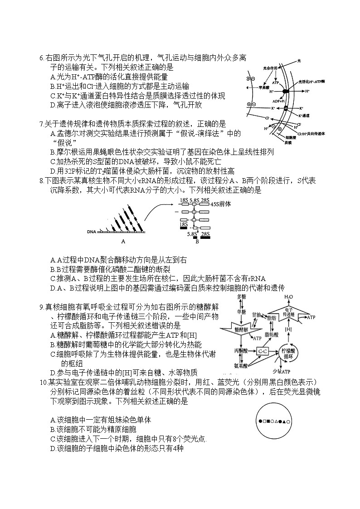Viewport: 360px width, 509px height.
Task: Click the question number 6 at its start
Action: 41,58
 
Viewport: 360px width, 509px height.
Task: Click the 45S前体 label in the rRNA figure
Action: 221,204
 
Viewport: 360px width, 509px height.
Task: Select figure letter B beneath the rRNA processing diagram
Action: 197,241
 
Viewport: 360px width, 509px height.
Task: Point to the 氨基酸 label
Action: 240,365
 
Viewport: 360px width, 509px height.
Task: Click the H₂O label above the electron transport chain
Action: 289,297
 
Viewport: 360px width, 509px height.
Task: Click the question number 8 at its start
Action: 41,181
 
